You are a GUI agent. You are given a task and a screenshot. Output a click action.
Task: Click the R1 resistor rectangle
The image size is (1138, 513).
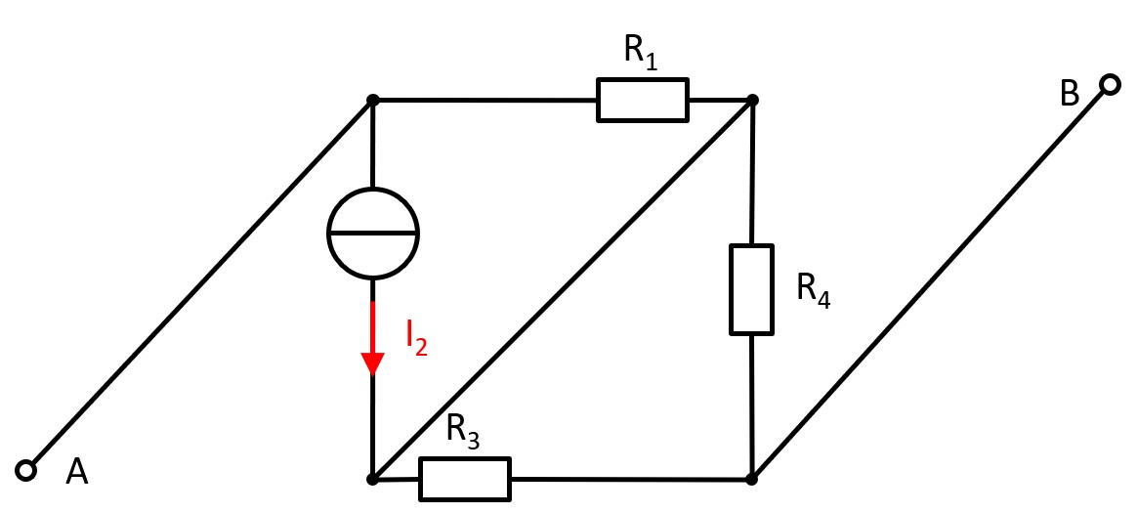(642, 100)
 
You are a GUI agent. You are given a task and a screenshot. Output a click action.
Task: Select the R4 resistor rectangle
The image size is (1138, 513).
(751, 289)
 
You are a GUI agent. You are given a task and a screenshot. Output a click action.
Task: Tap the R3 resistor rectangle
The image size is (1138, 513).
(465, 479)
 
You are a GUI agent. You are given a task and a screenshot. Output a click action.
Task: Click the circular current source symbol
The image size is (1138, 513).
(372, 233)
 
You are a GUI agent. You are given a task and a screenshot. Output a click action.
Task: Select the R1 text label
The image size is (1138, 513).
(641, 55)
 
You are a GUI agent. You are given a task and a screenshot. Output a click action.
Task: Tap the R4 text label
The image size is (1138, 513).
(813, 289)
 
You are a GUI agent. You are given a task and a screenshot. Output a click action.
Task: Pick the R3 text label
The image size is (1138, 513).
(462, 431)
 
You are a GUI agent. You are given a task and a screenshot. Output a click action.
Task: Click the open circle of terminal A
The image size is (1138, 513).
(26, 471)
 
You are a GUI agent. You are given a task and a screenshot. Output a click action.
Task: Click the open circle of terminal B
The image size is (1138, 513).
(1109, 85)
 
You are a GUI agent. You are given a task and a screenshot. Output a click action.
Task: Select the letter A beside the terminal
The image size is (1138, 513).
(77, 473)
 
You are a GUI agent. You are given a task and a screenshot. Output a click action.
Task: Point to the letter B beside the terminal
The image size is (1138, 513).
(1070, 94)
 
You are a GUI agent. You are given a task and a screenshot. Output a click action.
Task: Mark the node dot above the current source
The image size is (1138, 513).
(372, 100)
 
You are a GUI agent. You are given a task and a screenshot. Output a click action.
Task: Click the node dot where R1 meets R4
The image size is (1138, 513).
(751, 100)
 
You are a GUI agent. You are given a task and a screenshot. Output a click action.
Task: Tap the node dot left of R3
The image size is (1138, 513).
(372, 479)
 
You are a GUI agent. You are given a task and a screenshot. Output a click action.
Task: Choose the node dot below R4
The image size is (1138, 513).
(751, 479)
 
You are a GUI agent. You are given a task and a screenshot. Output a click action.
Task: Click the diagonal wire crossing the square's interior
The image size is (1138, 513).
(562, 289)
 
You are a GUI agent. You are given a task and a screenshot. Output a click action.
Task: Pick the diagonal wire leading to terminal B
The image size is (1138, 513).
(930, 282)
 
